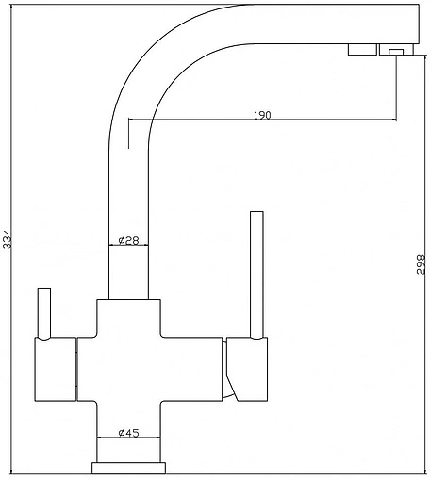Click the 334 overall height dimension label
pyautogui.click(x=7, y=239)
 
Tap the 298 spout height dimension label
pyautogui.click(x=421, y=264)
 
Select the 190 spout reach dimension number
pyautogui.click(x=262, y=115)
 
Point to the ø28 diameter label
pyautogui.click(x=128, y=240)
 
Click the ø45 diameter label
pyautogui.click(x=128, y=433)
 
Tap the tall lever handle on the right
pyautogui.click(x=256, y=275)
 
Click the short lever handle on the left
pyautogui.click(x=44, y=313)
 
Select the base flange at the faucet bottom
pyautogui.click(x=128, y=468)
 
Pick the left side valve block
pyautogui.click(x=56, y=369)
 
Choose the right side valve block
pyautogui.click(x=247, y=369)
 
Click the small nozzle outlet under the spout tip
pyautogui.click(x=396, y=52)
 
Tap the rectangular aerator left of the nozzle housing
pyautogui.click(x=362, y=50)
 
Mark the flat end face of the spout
pyautogui.click(x=419, y=24)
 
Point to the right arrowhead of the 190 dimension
pyautogui.click(x=393, y=119)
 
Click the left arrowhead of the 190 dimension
pyautogui.click(x=132, y=119)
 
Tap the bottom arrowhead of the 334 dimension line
pyautogui.click(x=11, y=470)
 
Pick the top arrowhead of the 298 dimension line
pyautogui.click(x=425, y=59)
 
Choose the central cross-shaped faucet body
pyautogui.click(x=128, y=369)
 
